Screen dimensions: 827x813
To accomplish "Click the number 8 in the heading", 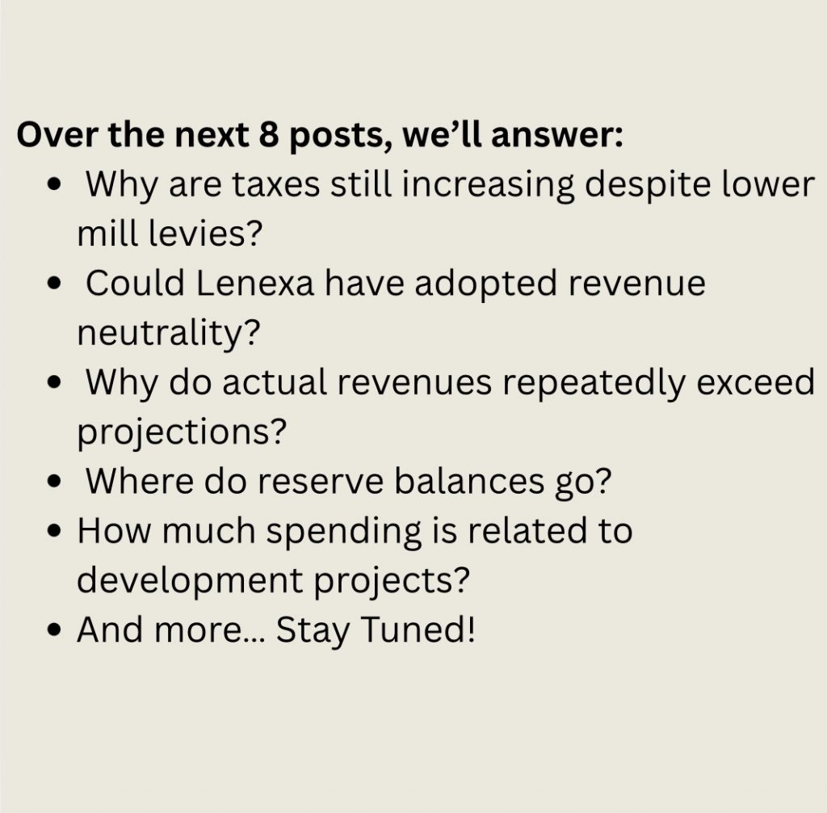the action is tap(268, 135).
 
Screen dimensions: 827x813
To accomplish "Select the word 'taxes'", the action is tap(276, 185).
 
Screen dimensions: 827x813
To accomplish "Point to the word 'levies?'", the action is tap(204, 234).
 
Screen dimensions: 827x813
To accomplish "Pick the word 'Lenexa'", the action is tap(255, 284).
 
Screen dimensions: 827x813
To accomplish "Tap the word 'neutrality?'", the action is tap(169, 334).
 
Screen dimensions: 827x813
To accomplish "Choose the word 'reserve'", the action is tap(320, 482).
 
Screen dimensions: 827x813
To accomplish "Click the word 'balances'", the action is tap(469, 481).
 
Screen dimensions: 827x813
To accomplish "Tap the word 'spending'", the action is tap(343, 532).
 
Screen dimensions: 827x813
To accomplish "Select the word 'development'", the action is tap(190, 581).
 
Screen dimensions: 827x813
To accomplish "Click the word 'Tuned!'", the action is tap(419, 630).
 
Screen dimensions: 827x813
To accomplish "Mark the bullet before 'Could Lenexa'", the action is tap(54, 284).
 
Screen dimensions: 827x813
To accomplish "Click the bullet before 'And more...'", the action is tap(54, 630).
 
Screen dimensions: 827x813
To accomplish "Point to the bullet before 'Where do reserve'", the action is tap(54, 482).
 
